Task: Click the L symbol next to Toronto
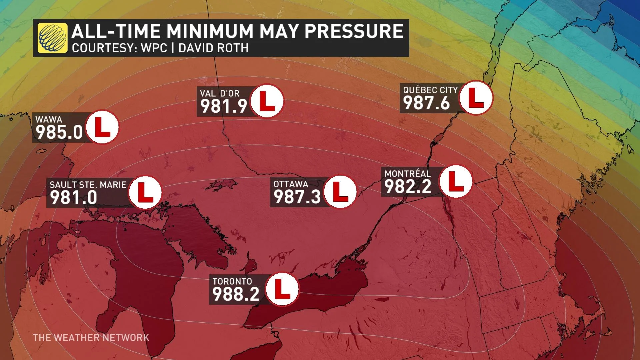click(282, 289)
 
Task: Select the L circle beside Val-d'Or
click(267, 101)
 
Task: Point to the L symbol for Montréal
click(456, 181)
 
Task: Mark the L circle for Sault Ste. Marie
click(145, 192)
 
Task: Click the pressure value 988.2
click(236, 294)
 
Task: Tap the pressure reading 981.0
click(73, 197)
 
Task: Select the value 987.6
click(427, 103)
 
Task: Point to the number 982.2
click(408, 186)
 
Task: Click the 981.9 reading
click(224, 106)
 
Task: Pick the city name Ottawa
click(291, 184)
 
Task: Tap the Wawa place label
click(49, 119)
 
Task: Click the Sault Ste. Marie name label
click(88, 185)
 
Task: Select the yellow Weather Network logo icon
click(52, 38)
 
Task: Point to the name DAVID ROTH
click(213, 48)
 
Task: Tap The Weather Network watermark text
click(91, 337)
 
